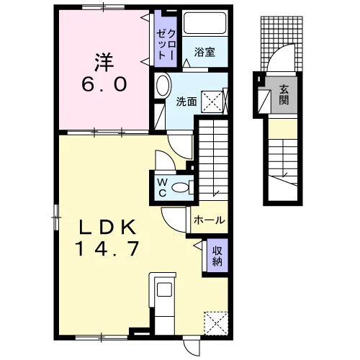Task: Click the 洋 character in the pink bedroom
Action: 104,63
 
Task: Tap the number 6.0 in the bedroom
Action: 104,85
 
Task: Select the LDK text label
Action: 107,228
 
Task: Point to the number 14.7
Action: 107,248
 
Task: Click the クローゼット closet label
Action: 166,45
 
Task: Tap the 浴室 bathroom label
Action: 204,52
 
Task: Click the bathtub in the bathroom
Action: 204,23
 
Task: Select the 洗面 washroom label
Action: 186,102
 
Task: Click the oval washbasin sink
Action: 163,85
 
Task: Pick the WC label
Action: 163,188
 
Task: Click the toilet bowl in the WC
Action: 181,187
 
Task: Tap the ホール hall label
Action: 210,220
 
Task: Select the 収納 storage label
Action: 217,256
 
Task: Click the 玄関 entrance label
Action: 284,95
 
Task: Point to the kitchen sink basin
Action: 164,289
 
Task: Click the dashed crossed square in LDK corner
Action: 216,323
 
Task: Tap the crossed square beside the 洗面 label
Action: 212,102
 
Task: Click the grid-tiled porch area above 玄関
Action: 282,44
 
